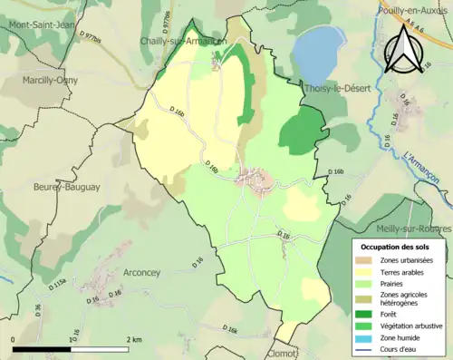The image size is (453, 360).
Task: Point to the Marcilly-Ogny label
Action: (53, 80)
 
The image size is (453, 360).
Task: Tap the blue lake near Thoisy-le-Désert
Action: (317, 52)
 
